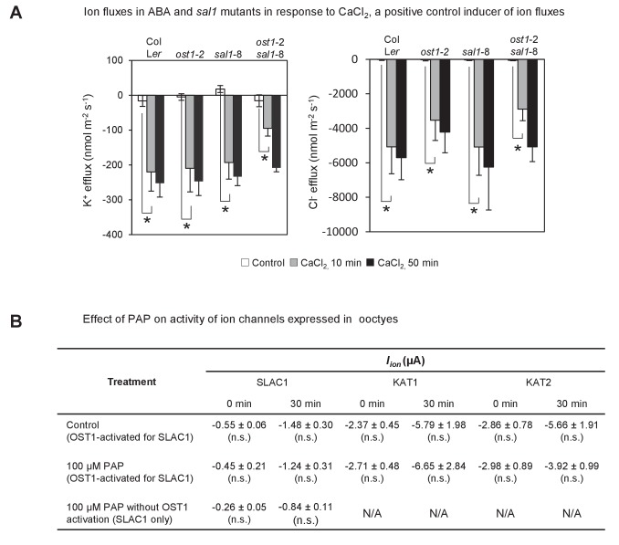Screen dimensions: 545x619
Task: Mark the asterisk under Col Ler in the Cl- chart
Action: click(386, 209)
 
